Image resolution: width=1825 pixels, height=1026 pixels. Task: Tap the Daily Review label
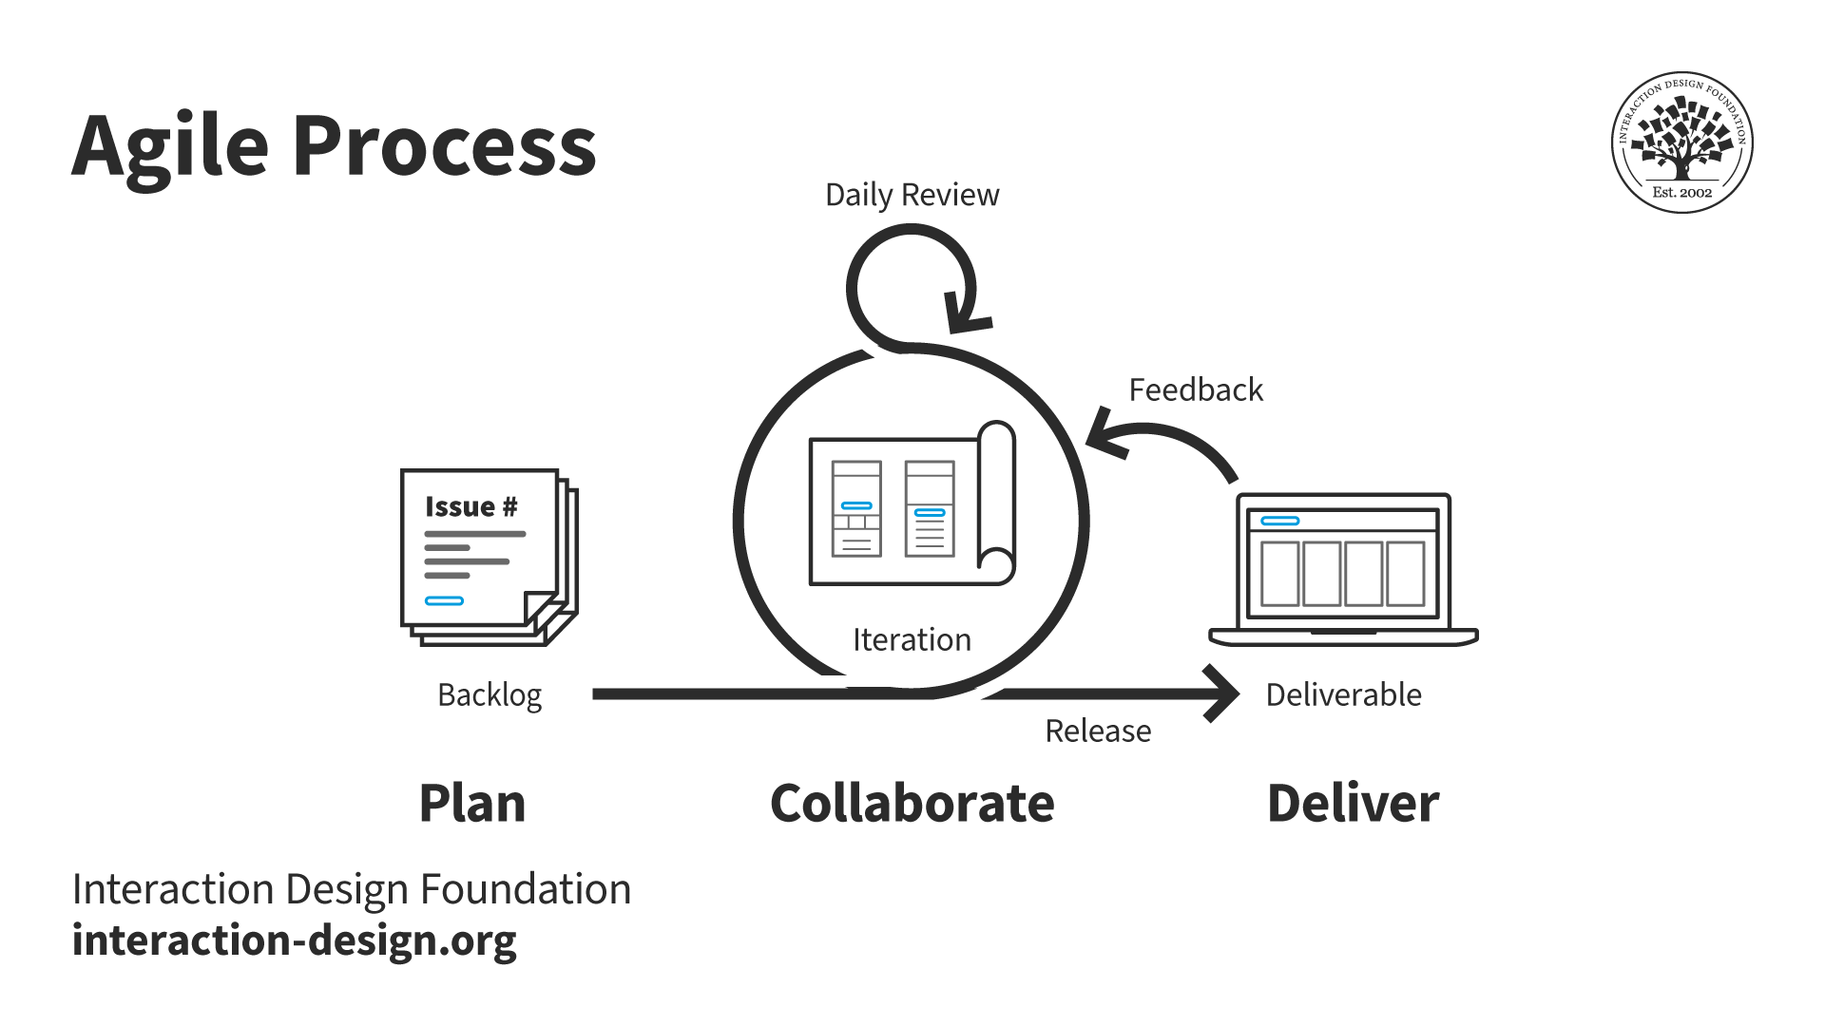(912, 195)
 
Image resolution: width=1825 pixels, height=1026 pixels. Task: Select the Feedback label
(1195, 389)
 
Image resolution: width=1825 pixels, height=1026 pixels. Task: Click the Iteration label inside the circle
(912, 639)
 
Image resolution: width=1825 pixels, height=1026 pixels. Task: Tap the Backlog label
(490, 695)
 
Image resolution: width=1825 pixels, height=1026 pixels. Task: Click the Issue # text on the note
(471, 506)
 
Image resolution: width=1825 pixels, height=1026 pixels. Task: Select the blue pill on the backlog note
(444, 600)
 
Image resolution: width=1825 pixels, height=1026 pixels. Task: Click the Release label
(1098, 731)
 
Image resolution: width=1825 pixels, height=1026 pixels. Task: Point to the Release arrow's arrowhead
(1226, 693)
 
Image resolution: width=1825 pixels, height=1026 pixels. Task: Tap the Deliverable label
(1343, 694)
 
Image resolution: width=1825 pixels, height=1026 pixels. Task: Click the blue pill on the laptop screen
(1279, 521)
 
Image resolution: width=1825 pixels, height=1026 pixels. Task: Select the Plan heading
(472, 803)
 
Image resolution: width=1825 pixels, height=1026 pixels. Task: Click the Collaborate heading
(912, 803)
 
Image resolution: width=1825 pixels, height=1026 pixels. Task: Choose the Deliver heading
(1353, 803)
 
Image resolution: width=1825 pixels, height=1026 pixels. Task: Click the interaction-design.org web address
(295, 940)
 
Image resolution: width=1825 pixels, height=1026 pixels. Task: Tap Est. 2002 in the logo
(1681, 192)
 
